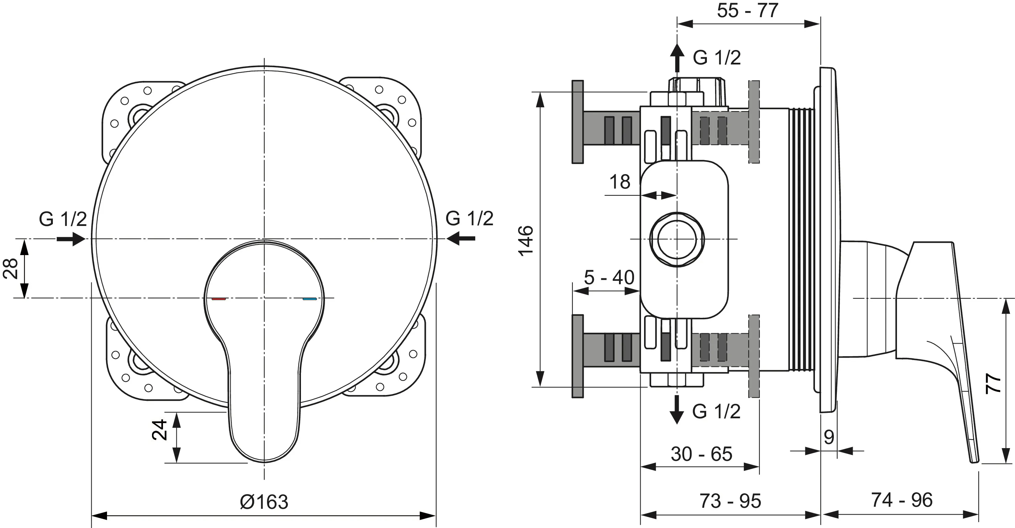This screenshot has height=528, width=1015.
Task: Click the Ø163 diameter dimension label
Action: pyautogui.click(x=264, y=502)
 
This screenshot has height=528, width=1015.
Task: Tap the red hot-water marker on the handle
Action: pyautogui.click(x=219, y=299)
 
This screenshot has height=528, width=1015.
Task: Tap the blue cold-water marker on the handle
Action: pyautogui.click(x=310, y=299)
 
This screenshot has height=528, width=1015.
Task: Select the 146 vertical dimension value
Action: pyautogui.click(x=526, y=241)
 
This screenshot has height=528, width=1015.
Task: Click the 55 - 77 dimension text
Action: pyautogui.click(x=747, y=11)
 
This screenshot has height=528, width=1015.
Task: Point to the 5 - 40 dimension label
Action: pyautogui.click(x=609, y=278)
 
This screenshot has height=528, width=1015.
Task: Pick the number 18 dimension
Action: pyautogui.click(x=619, y=182)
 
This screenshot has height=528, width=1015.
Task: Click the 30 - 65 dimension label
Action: pyautogui.click(x=701, y=454)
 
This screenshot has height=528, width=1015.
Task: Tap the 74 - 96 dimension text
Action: pyautogui.click(x=901, y=500)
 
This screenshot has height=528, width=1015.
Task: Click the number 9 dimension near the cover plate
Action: pyautogui.click(x=829, y=437)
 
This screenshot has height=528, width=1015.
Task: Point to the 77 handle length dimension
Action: pyautogui.click(x=993, y=384)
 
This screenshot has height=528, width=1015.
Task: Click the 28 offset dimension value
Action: pyautogui.click(x=11, y=268)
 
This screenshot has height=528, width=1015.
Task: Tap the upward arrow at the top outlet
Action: pyautogui.click(x=677, y=57)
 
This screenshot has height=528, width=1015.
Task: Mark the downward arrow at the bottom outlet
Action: pyautogui.click(x=677, y=409)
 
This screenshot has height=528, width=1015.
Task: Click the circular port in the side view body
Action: pyautogui.click(x=677, y=239)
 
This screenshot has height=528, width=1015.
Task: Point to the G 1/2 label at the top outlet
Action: pyautogui.click(x=717, y=58)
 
